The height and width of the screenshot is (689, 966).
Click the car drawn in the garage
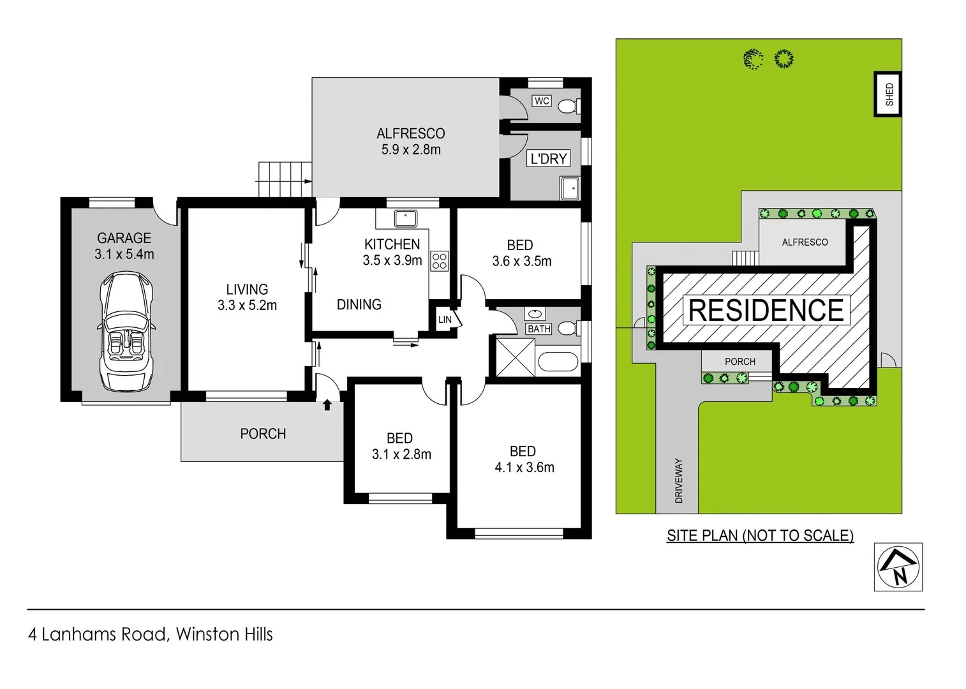(126, 331)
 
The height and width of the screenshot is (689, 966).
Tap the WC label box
(542, 101)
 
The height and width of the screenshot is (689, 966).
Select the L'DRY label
(549, 158)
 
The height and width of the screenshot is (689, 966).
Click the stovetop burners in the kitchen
(440, 261)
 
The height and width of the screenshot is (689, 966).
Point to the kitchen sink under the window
(405, 219)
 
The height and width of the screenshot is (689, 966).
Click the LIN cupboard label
(445, 320)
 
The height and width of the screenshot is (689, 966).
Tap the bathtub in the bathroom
(558, 362)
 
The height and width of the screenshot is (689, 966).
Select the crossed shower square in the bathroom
(516, 357)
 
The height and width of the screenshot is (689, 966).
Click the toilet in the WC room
(568, 105)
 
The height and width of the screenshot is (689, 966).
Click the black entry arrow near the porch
(327, 404)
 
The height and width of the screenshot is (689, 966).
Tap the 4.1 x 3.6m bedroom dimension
(524, 468)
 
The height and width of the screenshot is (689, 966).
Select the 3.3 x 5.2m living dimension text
(247, 306)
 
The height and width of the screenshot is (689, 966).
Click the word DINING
(359, 305)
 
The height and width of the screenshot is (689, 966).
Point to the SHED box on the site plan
(889, 94)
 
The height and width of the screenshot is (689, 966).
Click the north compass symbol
(898, 567)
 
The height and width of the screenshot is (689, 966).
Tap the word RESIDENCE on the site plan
(766, 311)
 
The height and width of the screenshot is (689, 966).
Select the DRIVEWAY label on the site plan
(679, 480)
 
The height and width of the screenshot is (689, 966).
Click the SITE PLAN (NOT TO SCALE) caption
(760, 536)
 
